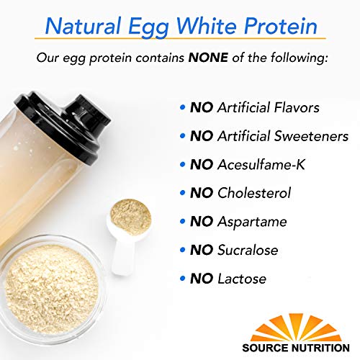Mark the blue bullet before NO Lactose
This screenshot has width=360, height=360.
point(182,279)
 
